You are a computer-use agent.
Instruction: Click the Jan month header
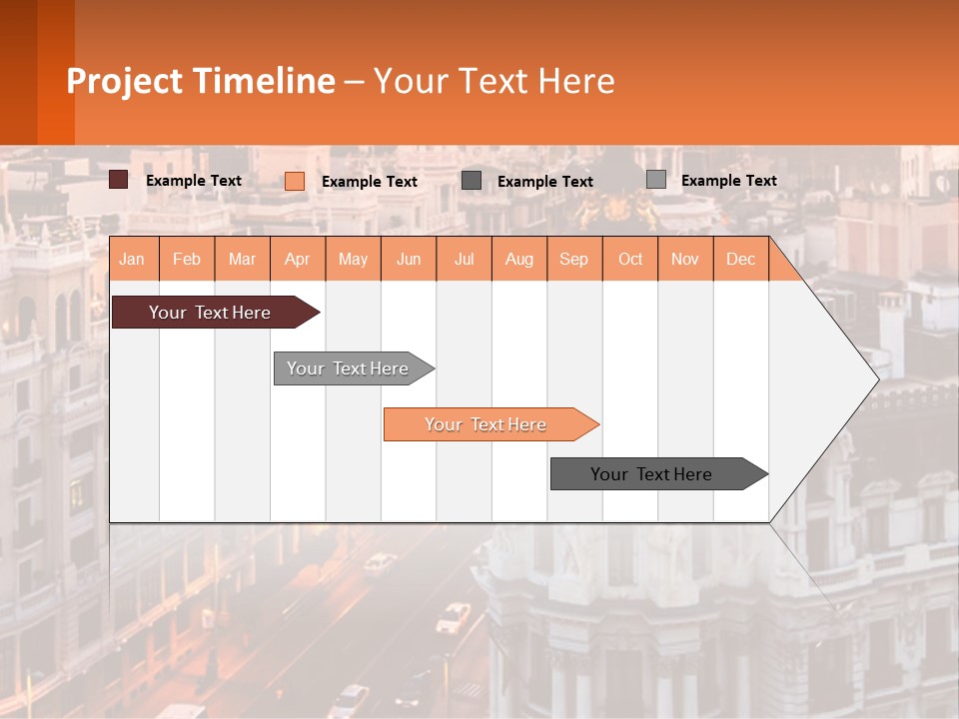(x=133, y=259)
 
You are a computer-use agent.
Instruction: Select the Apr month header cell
(x=298, y=259)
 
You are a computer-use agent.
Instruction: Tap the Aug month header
(x=519, y=259)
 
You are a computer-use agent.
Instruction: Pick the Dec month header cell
(x=741, y=259)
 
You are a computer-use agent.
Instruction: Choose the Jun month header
(x=409, y=259)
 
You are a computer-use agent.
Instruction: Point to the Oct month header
(x=630, y=259)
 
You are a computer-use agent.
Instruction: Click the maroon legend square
(x=119, y=180)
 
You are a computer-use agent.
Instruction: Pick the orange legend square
(x=295, y=181)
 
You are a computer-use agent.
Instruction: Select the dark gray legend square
(x=472, y=180)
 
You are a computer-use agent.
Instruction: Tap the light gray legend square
(x=656, y=180)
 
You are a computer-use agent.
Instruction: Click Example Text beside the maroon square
(x=194, y=181)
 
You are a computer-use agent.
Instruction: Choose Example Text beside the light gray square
(x=729, y=181)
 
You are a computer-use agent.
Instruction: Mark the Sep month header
(x=574, y=259)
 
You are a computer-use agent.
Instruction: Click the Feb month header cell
(x=187, y=259)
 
